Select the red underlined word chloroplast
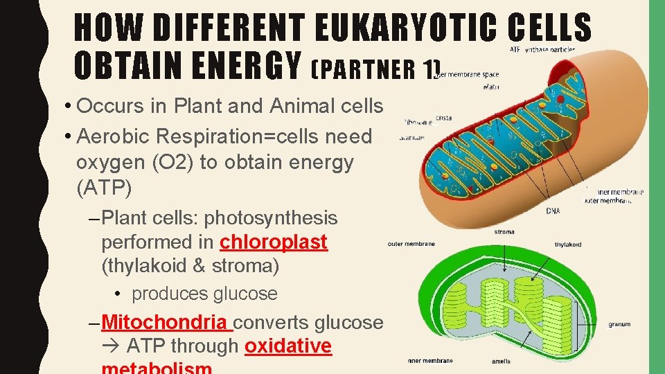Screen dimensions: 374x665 click(x=274, y=242)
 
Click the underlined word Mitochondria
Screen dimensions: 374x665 click(x=163, y=322)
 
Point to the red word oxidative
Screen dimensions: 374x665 click(x=288, y=346)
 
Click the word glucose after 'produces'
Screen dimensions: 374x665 click(x=240, y=294)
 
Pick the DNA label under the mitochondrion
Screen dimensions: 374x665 click(x=553, y=211)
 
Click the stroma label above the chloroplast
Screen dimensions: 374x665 click(x=504, y=233)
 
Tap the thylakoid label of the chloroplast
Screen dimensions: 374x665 click(x=568, y=244)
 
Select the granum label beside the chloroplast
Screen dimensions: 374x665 click(x=619, y=324)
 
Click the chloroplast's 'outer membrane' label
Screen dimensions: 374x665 click(x=411, y=244)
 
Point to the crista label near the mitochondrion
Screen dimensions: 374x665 click(x=444, y=118)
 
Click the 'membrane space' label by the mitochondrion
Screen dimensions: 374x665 click(x=474, y=74)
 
